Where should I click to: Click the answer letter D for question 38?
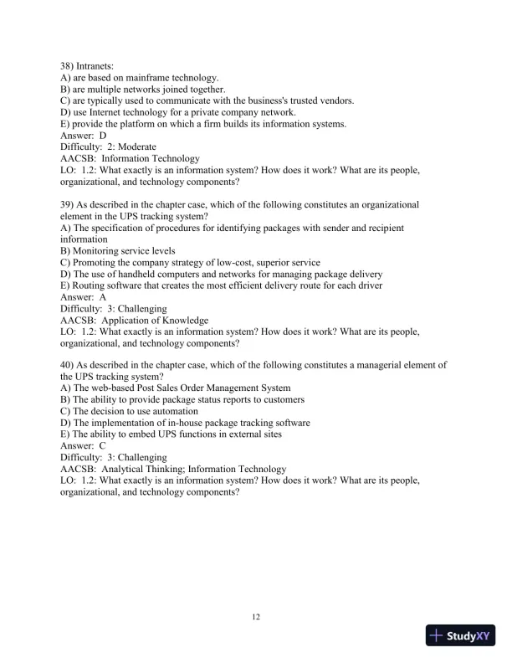(x=103, y=135)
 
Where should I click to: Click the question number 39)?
(x=69, y=204)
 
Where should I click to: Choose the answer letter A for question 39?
(x=103, y=297)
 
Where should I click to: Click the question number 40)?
(x=69, y=365)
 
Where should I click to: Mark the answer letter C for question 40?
(x=103, y=446)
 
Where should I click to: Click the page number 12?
(x=256, y=618)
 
